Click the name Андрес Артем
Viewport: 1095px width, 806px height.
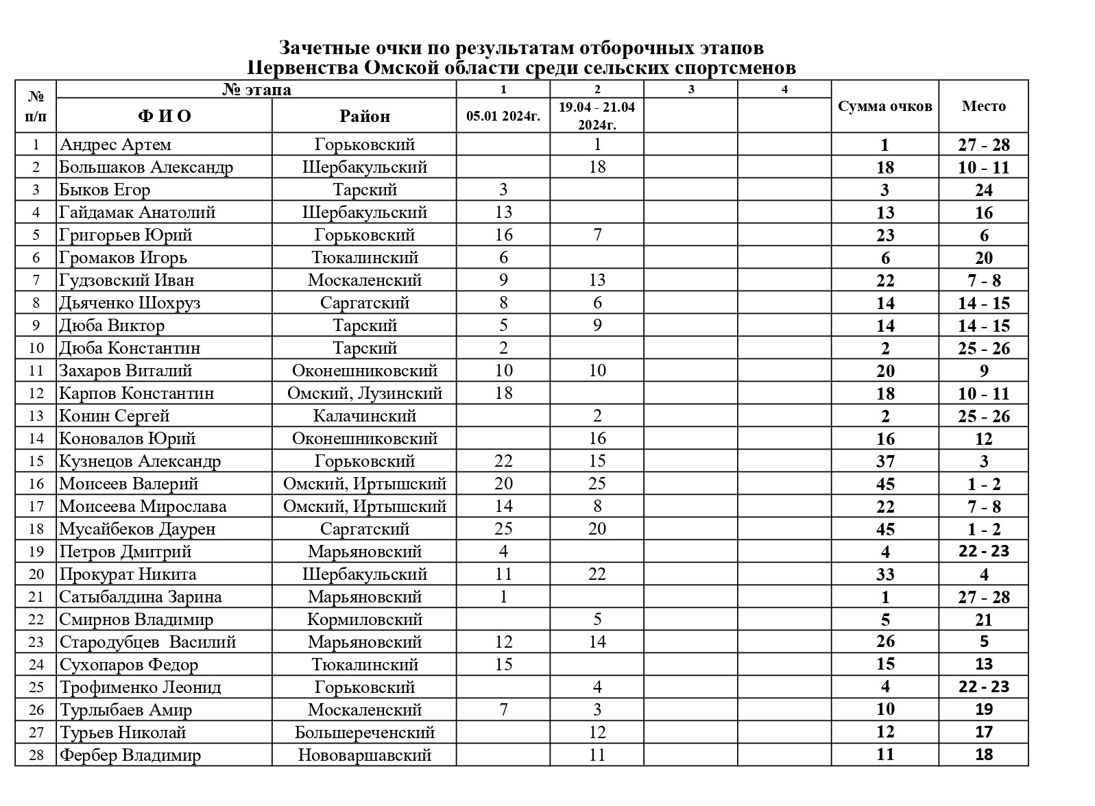(115, 145)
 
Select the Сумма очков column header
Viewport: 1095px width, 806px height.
(885, 106)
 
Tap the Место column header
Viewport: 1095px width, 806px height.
(983, 106)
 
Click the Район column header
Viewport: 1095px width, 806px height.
(364, 116)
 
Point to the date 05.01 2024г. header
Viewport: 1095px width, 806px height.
(503, 116)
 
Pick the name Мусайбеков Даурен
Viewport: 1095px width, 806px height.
(137, 529)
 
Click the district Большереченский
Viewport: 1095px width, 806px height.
(364, 733)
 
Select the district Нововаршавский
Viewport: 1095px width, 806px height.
(364, 755)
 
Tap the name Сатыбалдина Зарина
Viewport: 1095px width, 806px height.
(141, 597)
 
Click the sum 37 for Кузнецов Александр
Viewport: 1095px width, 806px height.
(885, 461)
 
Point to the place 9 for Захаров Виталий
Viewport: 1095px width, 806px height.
(984, 371)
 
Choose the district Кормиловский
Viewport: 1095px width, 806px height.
(364, 620)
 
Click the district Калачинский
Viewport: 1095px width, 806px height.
(364, 416)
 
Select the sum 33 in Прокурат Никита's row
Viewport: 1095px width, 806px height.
(885, 574)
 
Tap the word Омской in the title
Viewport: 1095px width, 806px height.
(398, 68)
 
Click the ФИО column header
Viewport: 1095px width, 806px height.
(165, 116)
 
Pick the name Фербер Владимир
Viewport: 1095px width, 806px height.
(130, 755)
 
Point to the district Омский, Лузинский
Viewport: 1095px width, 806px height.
(364, 393)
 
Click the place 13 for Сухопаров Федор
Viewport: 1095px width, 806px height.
(984, 665)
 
